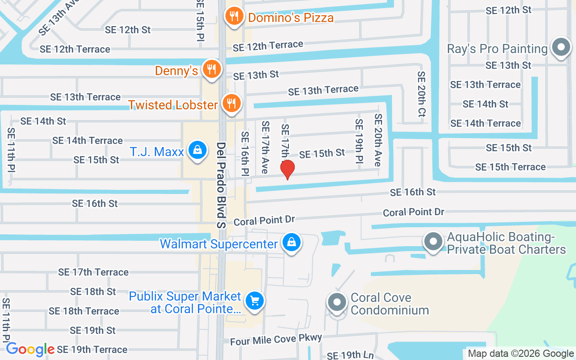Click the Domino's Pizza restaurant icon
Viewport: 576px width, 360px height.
[234, 17]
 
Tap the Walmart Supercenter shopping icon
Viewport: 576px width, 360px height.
[292, 243]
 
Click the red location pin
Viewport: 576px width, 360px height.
[287, 170]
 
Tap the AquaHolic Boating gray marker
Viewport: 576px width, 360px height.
[433, 242]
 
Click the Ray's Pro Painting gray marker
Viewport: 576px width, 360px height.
[561, 48]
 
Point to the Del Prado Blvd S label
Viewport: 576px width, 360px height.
[221, 185]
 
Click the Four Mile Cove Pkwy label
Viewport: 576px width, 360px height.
[276, 339]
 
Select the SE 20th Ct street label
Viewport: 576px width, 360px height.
[421, 94]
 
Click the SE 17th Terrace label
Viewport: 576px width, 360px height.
[93, 272]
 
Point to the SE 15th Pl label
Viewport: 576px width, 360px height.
[201, 20]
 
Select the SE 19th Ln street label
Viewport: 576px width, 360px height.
[350, 355]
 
